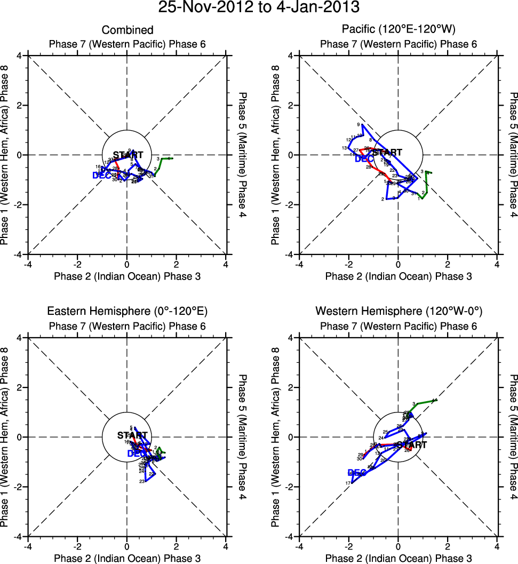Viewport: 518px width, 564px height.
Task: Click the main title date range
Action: coord(259,8)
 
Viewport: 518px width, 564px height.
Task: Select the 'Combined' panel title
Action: coord(127,30)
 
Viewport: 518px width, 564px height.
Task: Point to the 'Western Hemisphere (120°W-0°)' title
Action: coord(398,311)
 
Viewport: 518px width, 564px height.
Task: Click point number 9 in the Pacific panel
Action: coord(358,124)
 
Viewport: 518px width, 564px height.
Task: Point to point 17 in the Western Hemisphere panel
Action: coord(348,483)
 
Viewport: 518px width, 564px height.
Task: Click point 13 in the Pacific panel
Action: coord(345,148)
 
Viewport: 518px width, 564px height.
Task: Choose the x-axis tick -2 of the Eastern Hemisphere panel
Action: coord(77,545)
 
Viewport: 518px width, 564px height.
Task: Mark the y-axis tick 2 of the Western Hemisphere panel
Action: coord(293,387)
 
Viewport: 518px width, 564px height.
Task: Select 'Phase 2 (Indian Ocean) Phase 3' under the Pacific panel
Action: coord(398,276)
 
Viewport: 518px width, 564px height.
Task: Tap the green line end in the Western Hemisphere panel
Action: coord(435,400)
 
